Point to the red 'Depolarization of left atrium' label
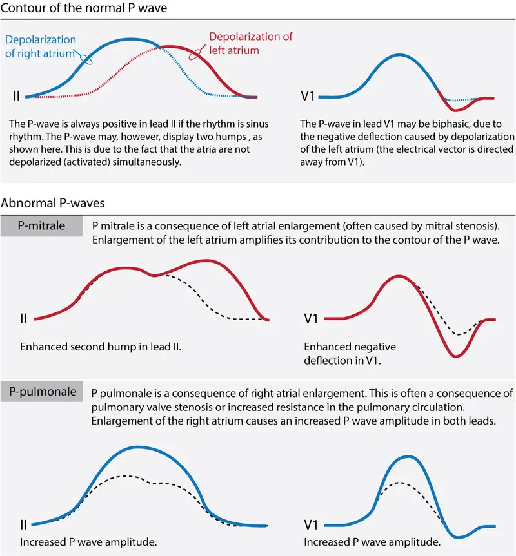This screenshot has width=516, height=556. point(250,43)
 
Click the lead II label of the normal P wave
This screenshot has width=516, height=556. point(17,97)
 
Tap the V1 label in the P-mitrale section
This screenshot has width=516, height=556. point(312,318)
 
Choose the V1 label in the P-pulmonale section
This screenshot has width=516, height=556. point(312,525)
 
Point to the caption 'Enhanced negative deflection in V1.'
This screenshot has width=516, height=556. point(350,354)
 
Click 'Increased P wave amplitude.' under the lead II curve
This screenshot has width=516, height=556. point(81,542)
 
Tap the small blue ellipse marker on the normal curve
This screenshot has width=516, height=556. point(86,59)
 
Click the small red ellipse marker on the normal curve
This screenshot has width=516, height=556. point(193,56)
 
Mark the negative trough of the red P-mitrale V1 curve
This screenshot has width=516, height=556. point(456,356)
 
